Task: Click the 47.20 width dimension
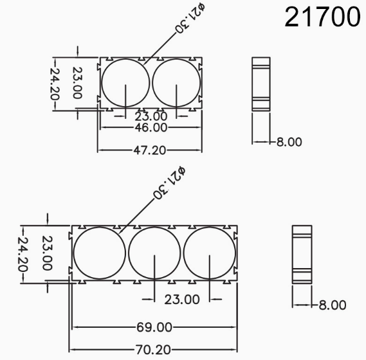(x=149, y=150)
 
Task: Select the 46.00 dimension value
(x=150, y=127)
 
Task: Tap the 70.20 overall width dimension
(x=154, y=350)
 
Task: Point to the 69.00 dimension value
(x=154, y=327)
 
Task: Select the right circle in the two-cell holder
(x=176, y=83)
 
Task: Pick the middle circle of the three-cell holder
(x=154, y=253)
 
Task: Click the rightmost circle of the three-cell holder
(x=210, y=253)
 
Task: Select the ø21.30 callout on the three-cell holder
(x=169, y=183)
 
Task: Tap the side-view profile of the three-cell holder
(x=302, y=254)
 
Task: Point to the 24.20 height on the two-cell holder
(x=57, y=84)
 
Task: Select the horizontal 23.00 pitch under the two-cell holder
(x=151, y=116)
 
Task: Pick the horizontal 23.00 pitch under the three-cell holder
(x=182, y=300)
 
